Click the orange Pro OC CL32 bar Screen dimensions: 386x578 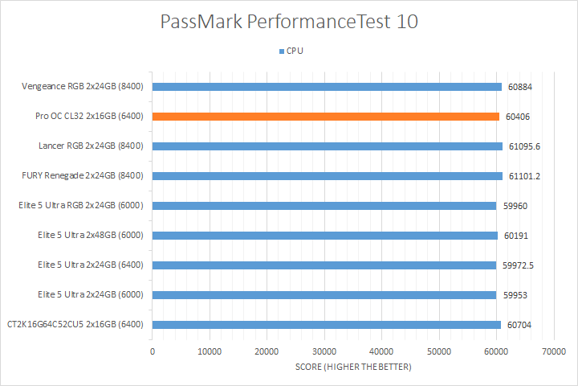(325, 117)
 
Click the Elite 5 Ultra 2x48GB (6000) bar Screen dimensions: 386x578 (324, 236)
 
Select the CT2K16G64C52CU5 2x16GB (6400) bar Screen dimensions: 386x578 (326, 325)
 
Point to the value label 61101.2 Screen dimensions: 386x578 (525, 176)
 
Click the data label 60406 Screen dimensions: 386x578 (518, 117)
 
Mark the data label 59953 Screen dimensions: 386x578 (516, 295)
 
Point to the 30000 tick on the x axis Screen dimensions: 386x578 (324, 351)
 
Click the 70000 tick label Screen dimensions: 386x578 (553, 351)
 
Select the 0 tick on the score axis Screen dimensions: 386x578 (153, 351)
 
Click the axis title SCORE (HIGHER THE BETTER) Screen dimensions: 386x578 (352, 368)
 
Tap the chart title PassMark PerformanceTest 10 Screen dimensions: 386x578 (289, 22)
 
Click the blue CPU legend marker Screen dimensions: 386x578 (281, 51)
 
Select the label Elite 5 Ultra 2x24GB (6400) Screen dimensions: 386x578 (90, 265)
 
